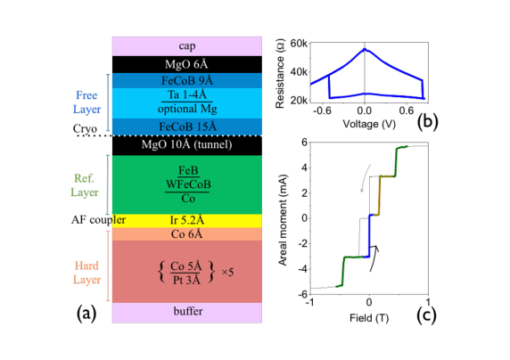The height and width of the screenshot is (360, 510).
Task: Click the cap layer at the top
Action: coord(186,46)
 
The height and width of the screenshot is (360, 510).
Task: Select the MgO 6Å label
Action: coord(186,65)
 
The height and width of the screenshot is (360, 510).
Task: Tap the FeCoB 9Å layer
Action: coord(186,80)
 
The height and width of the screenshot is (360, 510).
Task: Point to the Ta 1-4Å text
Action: coord(186,94)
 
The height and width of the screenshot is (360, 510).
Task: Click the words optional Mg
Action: coord(186,109)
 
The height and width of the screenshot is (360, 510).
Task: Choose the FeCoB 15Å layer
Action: coord(186,127)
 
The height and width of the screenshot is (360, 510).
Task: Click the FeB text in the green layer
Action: coord(187,170)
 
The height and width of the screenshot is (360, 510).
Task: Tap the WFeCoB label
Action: coord(187,184)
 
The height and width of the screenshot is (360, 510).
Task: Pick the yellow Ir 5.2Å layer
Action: coord(186,220)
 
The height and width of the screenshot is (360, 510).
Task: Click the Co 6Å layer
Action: coord(186,234)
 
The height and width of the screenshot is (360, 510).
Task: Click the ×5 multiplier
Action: coord(226,272)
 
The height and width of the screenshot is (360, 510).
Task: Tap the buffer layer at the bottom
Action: coord(186,312)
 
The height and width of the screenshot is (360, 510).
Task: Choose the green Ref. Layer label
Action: coord(86,184)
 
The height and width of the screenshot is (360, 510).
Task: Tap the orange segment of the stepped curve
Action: coord(380,193)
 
